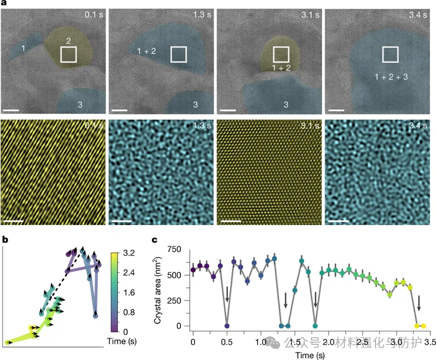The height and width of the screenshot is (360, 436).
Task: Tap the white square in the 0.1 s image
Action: click(68, 54)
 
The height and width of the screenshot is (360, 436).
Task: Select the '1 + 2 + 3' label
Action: click(392, 76)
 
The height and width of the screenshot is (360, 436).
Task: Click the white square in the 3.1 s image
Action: click(281, 54)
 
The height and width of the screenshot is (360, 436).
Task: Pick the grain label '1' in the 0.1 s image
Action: click(23, 48)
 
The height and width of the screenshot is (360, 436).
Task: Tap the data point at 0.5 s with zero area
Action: click(227, 326)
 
